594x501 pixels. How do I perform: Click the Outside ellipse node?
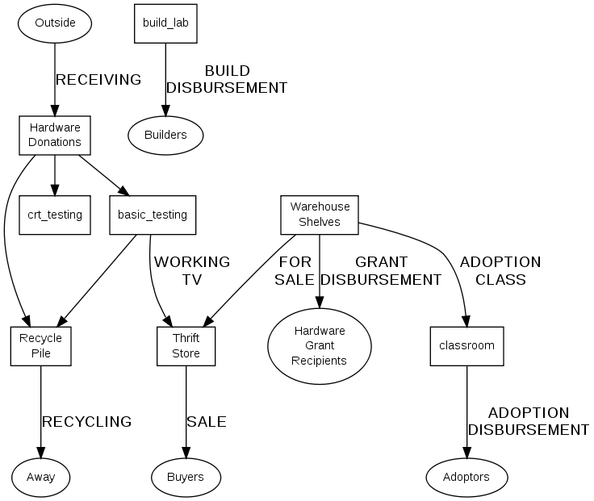tap(55, 23)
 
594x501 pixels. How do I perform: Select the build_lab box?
tap(165, 23)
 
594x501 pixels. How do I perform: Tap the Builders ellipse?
tap(165, 135)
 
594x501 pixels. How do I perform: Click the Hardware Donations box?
tap(55, 135)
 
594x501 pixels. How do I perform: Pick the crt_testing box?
tap(55, 215)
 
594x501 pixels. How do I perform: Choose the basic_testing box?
tap(153, 215)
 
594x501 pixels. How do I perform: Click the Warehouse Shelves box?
tap(320, 215)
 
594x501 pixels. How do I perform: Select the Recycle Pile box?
tap(40, 345)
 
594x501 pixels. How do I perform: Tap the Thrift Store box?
tap(186, 345)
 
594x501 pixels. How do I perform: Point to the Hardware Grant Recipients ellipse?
tap(320, 345)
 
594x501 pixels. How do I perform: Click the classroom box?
tap(466, 345)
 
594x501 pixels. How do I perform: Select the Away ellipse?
tap(40, 477)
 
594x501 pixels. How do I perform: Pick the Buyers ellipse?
tap(186, 477)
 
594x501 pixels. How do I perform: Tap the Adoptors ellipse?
tap(466, 477)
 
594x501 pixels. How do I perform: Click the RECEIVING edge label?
tap(98, 80)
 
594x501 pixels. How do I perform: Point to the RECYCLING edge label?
tap(86, 421)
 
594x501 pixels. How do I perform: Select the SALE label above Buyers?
tap(207, 421)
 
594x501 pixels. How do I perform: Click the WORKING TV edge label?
tap(191, 271)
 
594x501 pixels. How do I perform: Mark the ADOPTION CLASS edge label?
tap(500, 271)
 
